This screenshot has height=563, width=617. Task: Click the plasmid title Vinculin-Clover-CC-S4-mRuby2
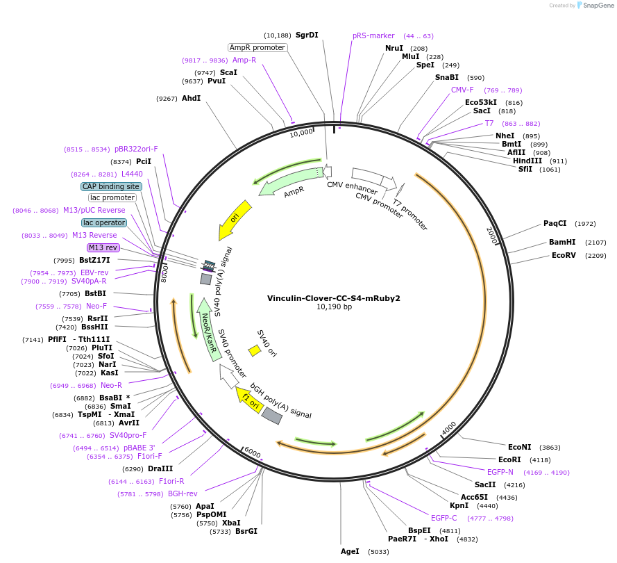[x=334, y=298]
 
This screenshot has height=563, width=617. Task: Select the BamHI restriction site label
[x=563, y=243]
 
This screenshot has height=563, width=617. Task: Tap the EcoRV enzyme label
[x=564, y=255]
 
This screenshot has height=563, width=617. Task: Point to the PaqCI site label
[x=555, y=223]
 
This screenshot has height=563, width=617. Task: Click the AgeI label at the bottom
[x=350, y=551]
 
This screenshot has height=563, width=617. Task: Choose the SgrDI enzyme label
[x=307, y=35]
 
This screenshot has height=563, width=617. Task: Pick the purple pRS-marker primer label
[x=373, y=35]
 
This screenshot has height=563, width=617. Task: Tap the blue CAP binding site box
[x=111, y=186]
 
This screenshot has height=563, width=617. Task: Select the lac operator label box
[x=104, y=222]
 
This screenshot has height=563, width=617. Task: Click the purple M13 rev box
[x=103, y=247]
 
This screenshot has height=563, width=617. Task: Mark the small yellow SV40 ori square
[x=255, y=351]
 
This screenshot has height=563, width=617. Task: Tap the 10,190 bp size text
[x=334, y=307]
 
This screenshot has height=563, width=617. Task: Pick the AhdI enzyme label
[x=191, y=99]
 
